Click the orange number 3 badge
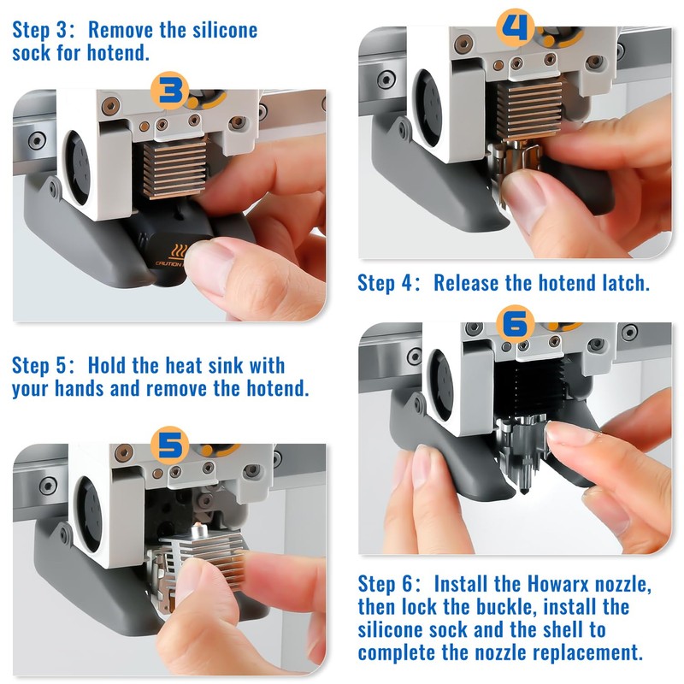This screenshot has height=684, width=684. tap(169, 91)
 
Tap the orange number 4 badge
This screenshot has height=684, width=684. tap(516, 27)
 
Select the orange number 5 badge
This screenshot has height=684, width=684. tap(169, 445)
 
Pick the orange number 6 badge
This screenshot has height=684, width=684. tap(516, 325)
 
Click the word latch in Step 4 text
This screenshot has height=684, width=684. tap(626, 283)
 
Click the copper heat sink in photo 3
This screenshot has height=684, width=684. tap(175, 167)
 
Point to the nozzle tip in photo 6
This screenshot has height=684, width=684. tap(523, 491)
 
